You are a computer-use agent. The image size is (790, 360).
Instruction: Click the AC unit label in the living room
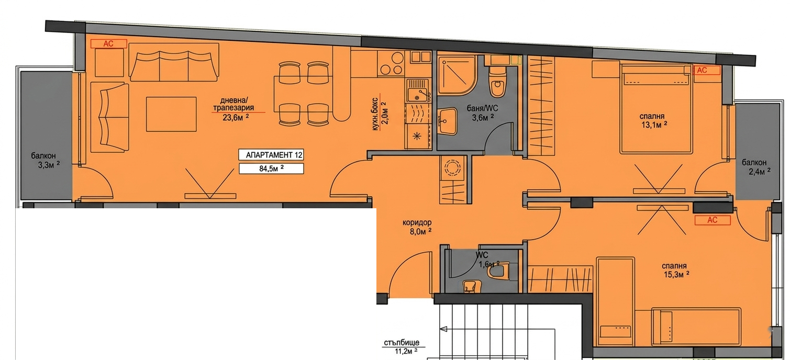(108, 44)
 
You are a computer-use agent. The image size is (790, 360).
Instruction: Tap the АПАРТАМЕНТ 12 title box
(271, 155)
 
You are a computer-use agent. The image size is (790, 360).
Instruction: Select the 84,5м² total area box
(271, 168)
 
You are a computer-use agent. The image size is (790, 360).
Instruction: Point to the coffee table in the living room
(171, 114)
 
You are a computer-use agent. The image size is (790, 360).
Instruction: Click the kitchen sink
(419, 91)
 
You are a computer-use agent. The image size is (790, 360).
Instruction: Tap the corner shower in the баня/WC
(457, 76)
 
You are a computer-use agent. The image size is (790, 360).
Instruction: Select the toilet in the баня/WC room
(498, 81)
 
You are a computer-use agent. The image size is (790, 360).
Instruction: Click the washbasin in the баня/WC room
(448, 121)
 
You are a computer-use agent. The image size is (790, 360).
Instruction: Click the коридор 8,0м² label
(417, 227)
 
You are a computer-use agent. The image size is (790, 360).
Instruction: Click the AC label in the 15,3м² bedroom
(713, 220)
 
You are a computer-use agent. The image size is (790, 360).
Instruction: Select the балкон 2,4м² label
(756, 167)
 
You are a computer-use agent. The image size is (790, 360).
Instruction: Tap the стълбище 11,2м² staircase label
(402, 347)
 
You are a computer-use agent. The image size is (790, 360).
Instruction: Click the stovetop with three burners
(391, 63)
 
